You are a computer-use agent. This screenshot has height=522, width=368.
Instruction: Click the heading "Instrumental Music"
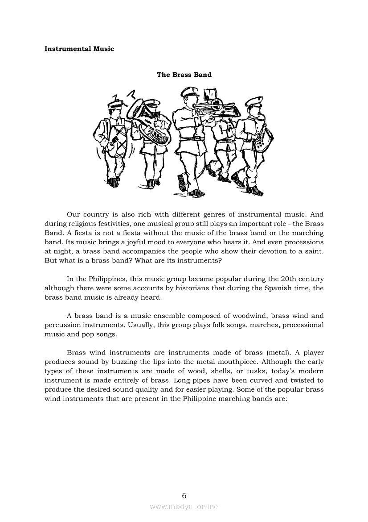click(x=79, y=49)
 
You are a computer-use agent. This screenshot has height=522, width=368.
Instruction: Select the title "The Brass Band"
click(x=184, y=75)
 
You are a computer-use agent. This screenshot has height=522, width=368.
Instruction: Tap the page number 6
click(x=184, y=496)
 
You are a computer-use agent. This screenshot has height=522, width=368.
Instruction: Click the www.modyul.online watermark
click(x=184, y=506)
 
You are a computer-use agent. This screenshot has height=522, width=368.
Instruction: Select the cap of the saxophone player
click(x=254, y=101)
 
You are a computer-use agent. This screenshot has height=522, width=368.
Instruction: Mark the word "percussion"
click(x=61, y=325)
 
